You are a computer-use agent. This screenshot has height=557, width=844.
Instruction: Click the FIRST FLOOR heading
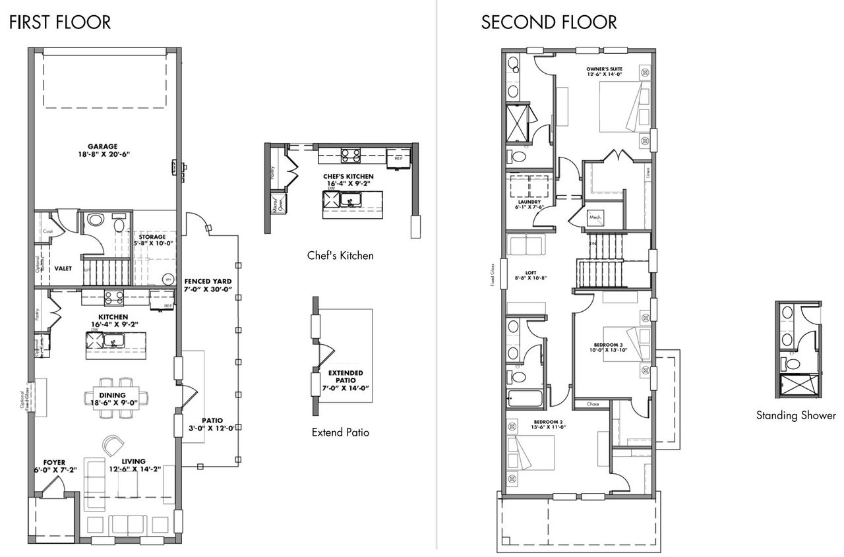[x=60, y=22]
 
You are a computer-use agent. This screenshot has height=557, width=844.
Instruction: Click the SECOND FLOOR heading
[x=549, y=22]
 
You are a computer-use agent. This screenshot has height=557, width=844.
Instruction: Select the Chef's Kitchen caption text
[x=340, y=255]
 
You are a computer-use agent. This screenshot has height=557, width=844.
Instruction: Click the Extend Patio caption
[x=340, y=433]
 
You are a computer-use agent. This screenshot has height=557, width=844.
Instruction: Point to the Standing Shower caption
[x=796, y=415]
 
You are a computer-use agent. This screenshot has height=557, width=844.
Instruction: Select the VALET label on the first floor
[x=63, y=268]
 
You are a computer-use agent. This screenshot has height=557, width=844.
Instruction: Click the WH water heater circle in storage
[x=167, y=278]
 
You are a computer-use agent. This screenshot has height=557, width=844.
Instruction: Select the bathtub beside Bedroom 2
[x=525, y=399]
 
